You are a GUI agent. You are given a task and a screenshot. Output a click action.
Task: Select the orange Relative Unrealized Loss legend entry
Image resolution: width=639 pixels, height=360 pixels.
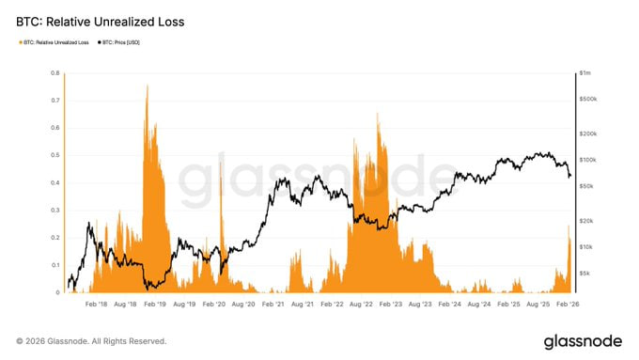point(55,42)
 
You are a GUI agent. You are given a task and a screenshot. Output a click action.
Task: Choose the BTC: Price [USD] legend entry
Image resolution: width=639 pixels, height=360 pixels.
point(122,42)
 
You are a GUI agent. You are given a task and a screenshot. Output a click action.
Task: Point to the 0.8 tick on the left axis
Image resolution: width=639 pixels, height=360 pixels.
point(55,72)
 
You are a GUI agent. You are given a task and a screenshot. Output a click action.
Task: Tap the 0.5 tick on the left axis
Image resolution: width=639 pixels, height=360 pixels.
point(55,155)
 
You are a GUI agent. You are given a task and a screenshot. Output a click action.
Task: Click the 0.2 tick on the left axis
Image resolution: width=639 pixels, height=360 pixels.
point(55,238)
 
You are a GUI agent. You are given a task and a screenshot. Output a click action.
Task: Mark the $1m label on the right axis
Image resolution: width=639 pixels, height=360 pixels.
point(585,72)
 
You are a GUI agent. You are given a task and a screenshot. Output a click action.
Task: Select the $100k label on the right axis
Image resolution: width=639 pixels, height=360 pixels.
point(587,161)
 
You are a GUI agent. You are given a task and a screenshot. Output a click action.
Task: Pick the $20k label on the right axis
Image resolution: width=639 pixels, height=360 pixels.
point(586,221)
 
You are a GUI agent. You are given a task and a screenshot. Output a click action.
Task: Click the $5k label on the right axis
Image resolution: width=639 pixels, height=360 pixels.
point(584,274)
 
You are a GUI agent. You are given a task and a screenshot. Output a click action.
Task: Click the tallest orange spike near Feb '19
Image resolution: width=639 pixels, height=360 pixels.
point(147,86)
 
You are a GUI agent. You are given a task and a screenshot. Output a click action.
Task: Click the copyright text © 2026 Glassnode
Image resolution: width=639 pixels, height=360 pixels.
point(91,340)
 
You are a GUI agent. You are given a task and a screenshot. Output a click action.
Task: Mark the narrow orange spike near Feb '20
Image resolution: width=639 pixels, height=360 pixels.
point(222,179)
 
